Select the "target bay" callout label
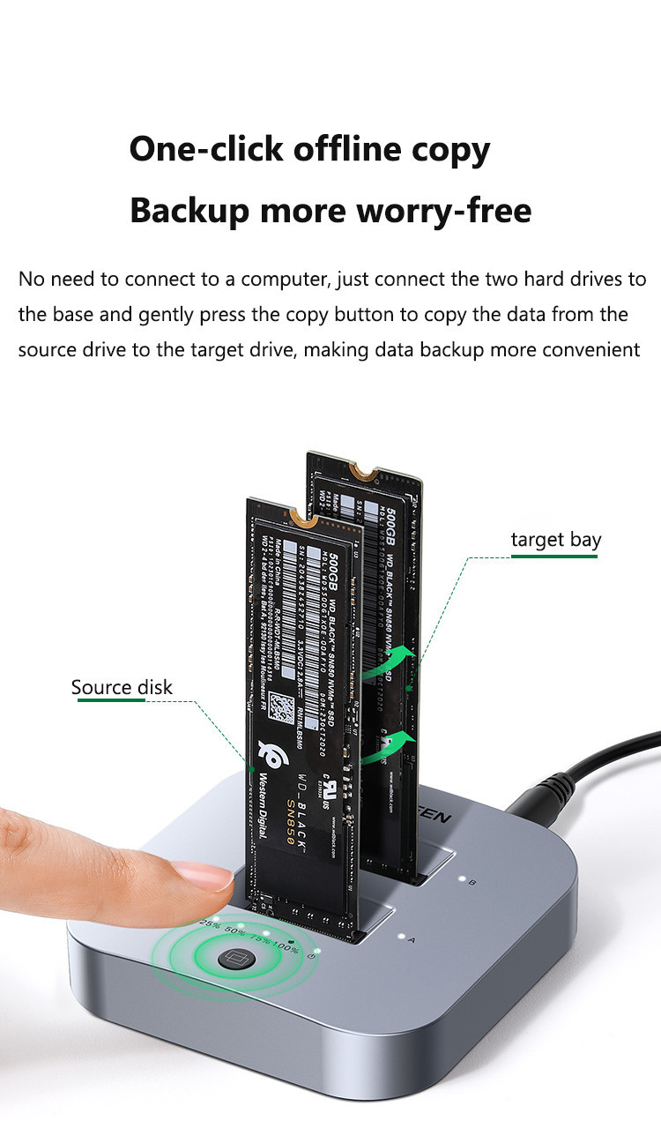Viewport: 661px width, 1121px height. pos(556,540)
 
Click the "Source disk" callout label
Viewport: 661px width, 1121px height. pos(122,687)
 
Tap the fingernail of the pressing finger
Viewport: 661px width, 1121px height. pos(204,876)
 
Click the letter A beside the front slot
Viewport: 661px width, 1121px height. pos(411,940)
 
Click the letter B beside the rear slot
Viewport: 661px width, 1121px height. pos(472,882)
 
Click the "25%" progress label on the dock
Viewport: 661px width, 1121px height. pos(210,923)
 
